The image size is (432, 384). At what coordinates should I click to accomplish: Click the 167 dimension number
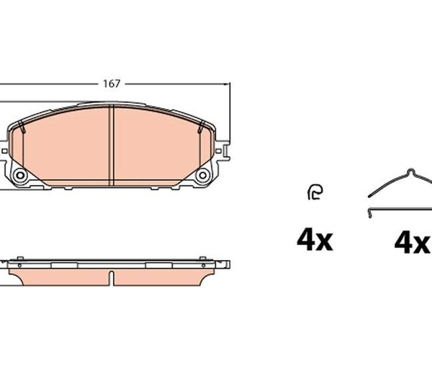tap(112, 84)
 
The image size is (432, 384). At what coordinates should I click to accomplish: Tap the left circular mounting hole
tap(20, 175)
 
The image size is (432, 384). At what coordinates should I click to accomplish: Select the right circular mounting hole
tap(203, 175)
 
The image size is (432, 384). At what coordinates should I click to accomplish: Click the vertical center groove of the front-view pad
tap(112, 145)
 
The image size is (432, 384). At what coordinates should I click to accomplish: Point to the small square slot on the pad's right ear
tap(218, 151)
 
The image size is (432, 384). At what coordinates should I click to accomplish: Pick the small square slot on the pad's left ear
tap(5, 151)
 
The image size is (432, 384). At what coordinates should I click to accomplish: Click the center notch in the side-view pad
tap(112, 278)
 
